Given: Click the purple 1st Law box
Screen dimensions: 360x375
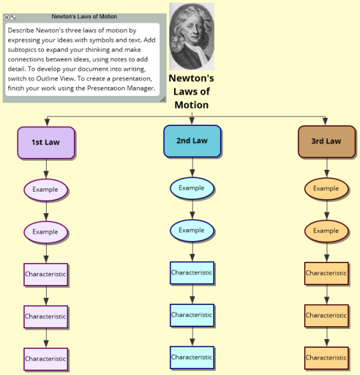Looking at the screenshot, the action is [46, 143].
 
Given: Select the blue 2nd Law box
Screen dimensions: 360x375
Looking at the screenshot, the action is [192, 141].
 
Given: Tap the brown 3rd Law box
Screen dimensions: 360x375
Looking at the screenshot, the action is [327, 142].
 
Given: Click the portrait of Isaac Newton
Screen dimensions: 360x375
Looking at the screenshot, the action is [192, 37].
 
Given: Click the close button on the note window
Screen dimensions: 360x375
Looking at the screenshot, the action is [7, 17].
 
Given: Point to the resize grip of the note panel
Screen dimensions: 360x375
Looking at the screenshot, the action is [163, 99].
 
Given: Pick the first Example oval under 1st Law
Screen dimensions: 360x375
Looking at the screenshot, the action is [46, 190].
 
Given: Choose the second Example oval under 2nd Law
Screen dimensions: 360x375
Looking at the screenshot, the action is [192, 230].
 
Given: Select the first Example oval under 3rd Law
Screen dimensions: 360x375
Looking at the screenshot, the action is [327, 189].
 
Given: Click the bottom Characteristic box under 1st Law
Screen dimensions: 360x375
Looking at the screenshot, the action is [46, 359].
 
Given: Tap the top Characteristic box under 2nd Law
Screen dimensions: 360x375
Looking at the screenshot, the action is [192, 273].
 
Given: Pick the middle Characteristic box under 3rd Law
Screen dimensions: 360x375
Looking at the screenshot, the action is [327, 316].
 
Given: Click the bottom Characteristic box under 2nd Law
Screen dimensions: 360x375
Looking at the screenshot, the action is [192, 358].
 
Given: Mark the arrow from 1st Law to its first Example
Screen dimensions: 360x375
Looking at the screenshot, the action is [46, 169].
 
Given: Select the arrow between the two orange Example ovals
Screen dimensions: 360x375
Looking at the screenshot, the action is [327, 210].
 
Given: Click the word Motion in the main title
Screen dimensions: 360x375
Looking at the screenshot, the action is [191, 105].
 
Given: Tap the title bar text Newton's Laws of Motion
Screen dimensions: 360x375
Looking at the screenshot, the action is [84, 17].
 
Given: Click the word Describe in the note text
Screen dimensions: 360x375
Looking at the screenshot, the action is [21, 31].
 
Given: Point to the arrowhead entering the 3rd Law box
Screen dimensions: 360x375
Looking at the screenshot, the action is [325, 121].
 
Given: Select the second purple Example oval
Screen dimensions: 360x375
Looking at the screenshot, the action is [46, 232].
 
